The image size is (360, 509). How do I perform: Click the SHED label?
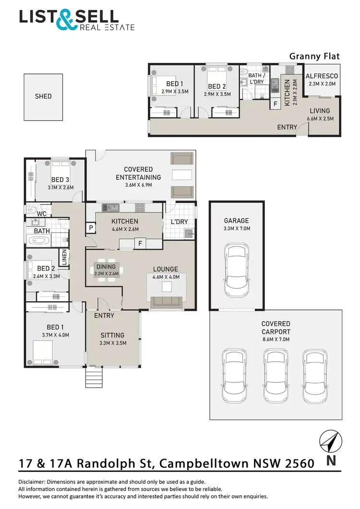43,96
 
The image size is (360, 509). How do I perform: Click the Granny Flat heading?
314,56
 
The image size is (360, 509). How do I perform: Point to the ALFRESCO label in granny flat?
322,76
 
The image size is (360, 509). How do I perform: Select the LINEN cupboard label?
63,257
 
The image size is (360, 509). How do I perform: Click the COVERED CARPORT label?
276,328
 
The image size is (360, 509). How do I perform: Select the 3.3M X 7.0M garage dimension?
237,228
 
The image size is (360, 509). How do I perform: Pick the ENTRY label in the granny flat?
287,127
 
